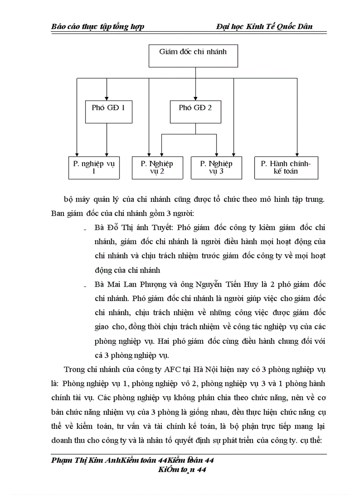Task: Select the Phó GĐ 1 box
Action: coord(106,112)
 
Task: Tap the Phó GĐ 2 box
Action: coord(195,112)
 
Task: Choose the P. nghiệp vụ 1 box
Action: coord(94,167)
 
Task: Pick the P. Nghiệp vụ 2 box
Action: coord(157,167)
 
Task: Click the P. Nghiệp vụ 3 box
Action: coord(216,167)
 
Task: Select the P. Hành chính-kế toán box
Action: coord(286,167)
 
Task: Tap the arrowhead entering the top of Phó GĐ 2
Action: coord(195,98)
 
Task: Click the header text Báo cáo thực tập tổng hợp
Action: coord(98,26)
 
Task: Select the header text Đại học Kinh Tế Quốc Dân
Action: coord(264,26)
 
